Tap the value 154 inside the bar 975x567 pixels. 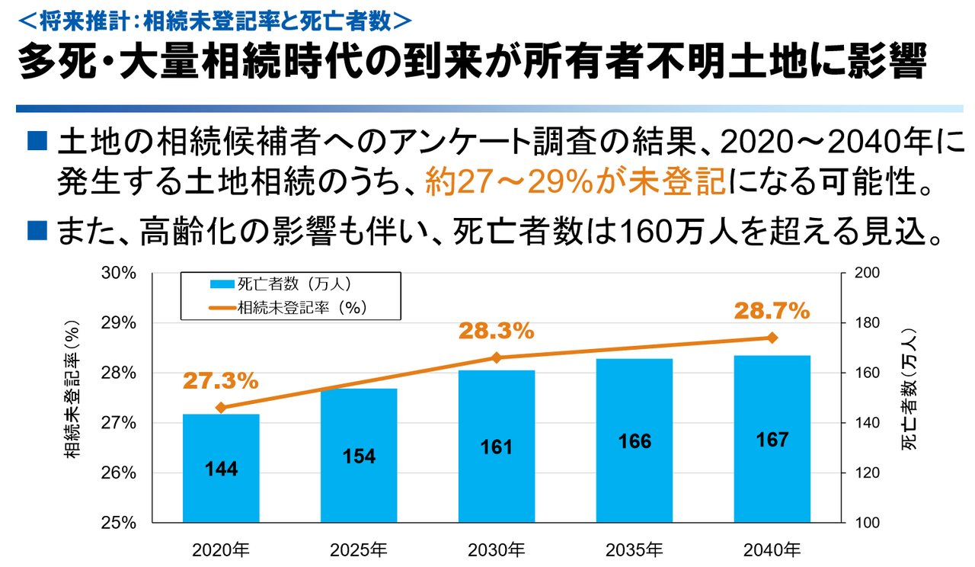[359, 456]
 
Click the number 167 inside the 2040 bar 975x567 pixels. [772, 440]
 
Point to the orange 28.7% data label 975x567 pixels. [771, 311]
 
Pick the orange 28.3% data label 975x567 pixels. [496, 332]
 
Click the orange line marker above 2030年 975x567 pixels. [497, 357]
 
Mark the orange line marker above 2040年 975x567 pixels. [772, 338]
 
